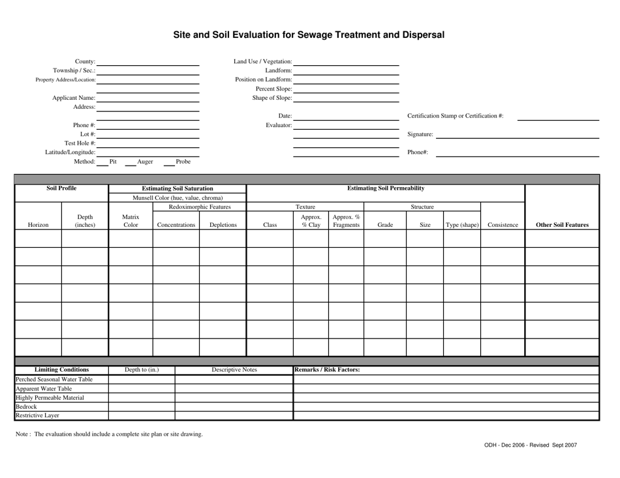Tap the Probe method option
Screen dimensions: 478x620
pyautogui.click(x=183, y=162)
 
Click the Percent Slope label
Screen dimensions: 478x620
pyautogui.click(x=273, y=89)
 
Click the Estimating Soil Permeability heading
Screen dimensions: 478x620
pyautogui.click(x=386, y=188)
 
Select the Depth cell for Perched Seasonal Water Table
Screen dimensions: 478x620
pyautogui.click(x=141, y=380)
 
